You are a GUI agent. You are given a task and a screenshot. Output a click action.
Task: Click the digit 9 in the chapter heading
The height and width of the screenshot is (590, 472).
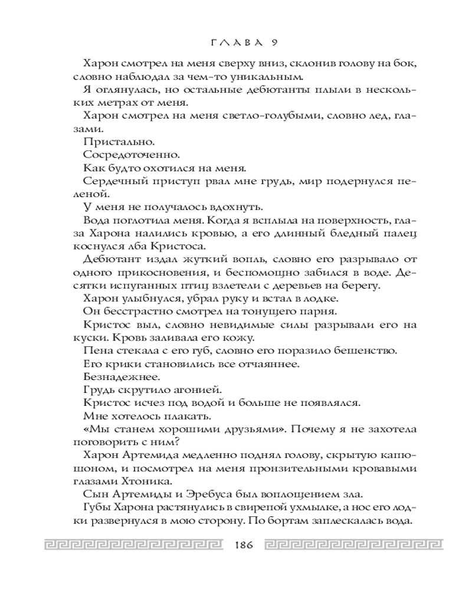click(275, 41)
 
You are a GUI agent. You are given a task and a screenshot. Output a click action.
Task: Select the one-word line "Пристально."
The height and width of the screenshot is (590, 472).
click(110, 142)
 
